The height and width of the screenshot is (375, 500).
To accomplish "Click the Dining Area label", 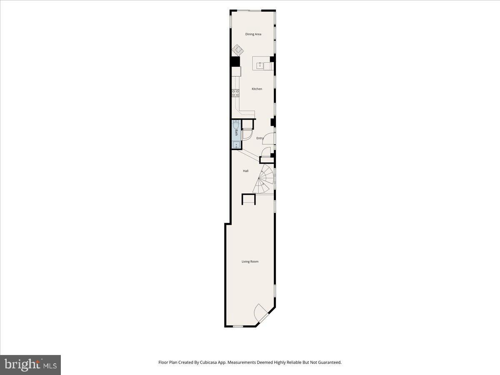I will coord(253,34).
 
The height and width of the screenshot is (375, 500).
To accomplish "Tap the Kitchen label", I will coord(257,89).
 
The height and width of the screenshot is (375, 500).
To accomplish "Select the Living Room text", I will coord(250,262).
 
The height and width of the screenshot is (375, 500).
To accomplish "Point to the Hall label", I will coord(246,171).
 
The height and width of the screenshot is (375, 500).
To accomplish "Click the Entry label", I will coord(260,138).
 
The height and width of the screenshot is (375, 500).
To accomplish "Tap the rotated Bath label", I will coord(236,133).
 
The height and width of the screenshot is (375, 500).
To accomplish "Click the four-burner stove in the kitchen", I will coord(235,93).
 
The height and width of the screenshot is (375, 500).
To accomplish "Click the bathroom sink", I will coord(236,145).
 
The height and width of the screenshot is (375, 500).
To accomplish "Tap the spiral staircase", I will coord(265,179).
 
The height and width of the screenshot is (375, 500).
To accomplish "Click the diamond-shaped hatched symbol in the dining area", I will coord(237,50).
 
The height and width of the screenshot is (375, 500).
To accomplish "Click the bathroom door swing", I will coord(247,134).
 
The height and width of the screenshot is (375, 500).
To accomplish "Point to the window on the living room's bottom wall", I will coord(237,326).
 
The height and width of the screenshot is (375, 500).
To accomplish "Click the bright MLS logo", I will coord(30,365).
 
